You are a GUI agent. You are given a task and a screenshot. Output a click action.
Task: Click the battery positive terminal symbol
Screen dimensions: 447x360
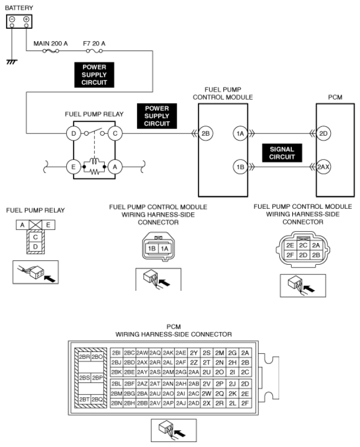tap(25, 19)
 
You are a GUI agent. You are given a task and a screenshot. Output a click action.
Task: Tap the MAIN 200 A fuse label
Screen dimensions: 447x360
tap(51, 41)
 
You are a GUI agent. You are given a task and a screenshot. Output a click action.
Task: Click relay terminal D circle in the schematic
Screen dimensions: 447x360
tap(72, 132)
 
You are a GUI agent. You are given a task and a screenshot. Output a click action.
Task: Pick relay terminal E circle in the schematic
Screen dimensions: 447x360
tap(72, 168)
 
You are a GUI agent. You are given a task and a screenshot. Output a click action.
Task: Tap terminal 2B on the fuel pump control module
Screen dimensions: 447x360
tap(205, 133)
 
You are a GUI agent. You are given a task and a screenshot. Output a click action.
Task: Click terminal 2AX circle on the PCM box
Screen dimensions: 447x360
tap(323, 167)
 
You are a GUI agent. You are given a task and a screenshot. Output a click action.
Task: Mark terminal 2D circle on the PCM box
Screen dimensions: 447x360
tap(323, 133)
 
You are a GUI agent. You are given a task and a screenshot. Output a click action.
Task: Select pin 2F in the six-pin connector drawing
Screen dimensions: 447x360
tap(290, 254)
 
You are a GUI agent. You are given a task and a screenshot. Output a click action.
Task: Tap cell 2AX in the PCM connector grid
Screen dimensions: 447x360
tap(142, 362)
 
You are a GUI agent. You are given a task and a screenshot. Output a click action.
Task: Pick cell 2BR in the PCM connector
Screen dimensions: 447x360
tap(84, 357)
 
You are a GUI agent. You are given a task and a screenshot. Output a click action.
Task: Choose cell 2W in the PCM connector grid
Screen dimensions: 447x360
tap(206, 393)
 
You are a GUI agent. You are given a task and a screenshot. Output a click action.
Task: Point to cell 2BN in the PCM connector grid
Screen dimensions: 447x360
tap(116, 404)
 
